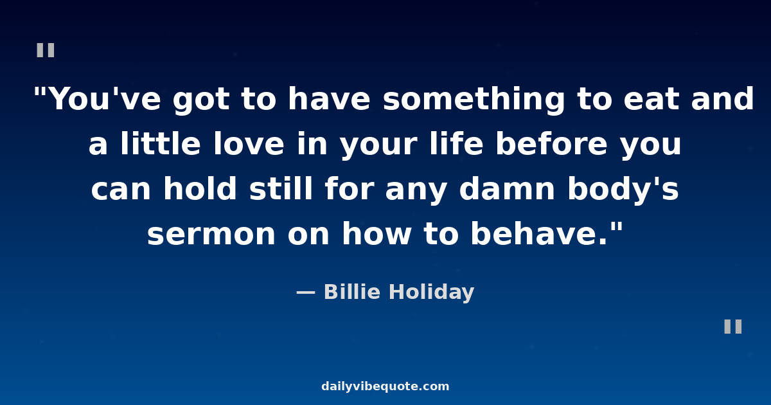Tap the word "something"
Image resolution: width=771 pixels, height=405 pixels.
(474, 100)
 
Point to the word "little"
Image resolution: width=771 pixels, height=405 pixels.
(161, 144)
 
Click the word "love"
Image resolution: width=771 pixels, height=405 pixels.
(249, 144)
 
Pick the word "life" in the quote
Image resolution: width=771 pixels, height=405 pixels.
(456, 144)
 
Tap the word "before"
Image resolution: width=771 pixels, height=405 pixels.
(551, 144)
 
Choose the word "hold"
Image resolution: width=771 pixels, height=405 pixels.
(200, 189)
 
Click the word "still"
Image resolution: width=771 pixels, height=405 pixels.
(281, 189)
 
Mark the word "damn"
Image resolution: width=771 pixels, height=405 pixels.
(507, 189)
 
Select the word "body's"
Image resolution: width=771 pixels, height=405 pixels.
(623, 190)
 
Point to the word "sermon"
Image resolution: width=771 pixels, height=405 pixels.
(211, 234)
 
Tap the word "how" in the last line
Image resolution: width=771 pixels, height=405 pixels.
(377, 233)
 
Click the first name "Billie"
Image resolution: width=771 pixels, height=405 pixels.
(352, 292)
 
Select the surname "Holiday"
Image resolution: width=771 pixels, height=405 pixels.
(432, 292)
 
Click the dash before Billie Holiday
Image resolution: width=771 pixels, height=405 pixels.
(306, 293)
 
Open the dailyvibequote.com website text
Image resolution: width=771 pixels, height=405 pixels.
(385, 386)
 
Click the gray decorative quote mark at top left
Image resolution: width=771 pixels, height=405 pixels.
(46, 50)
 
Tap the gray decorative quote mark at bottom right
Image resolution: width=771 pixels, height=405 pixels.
(733, 327)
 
